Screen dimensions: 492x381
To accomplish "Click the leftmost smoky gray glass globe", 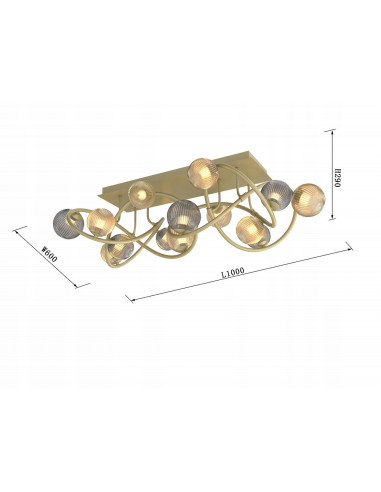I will coord(67,219).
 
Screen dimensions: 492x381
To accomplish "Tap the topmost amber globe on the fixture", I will coord(202,172).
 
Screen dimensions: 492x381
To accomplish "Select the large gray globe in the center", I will coord(183,214).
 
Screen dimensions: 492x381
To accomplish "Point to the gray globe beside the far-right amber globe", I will coord(277,194).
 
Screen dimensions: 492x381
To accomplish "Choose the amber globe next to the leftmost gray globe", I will coord(100,222).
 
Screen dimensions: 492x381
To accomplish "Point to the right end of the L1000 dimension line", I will coord(349,247).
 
